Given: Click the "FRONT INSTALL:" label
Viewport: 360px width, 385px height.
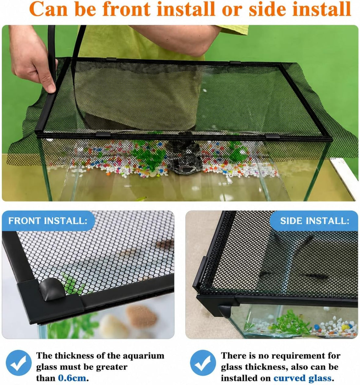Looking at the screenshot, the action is [x=48, y=221].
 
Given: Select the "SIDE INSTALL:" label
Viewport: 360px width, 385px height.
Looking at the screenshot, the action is [x=315, y=221].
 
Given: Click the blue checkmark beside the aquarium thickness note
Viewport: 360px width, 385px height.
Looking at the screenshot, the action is [x=19, y=363].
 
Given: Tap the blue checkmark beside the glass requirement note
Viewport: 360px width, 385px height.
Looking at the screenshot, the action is [x=203, y=363].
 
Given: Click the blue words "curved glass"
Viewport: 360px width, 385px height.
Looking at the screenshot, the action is [x=302, y=378].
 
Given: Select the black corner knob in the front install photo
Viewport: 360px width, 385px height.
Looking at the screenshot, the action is [x=52, y=289].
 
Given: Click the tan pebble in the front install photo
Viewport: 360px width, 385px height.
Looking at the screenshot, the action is [x=141, y=317].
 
